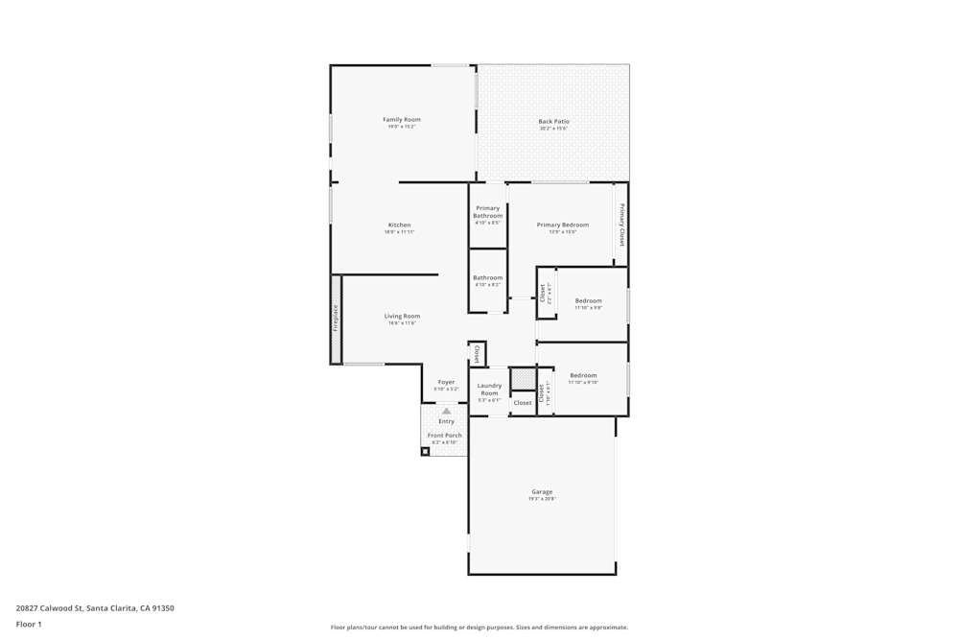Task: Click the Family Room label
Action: click(402, 120)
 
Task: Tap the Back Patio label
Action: click(553, 122)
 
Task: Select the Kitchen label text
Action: click(399, 225)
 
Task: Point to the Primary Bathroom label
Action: click(487, 212)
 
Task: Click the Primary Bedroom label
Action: click(562, 225)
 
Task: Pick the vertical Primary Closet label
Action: click(621, 226)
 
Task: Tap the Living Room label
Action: click(402, 317)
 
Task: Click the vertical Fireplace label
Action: click(336, 319)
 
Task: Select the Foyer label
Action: click(446, 382)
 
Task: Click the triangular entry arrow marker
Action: click(446, 411)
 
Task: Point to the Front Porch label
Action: click(445, 436)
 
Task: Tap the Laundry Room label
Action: click(489, 390)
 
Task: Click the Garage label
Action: click(542, 492)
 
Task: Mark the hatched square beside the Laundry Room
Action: click(523, 380)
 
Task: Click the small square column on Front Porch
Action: click(425, 451)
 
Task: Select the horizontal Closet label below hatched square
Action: click(523, 403)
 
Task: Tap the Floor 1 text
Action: click(29, 624)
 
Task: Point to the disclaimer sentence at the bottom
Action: click(479, 628)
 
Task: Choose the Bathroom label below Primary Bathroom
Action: click(487, 278)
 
